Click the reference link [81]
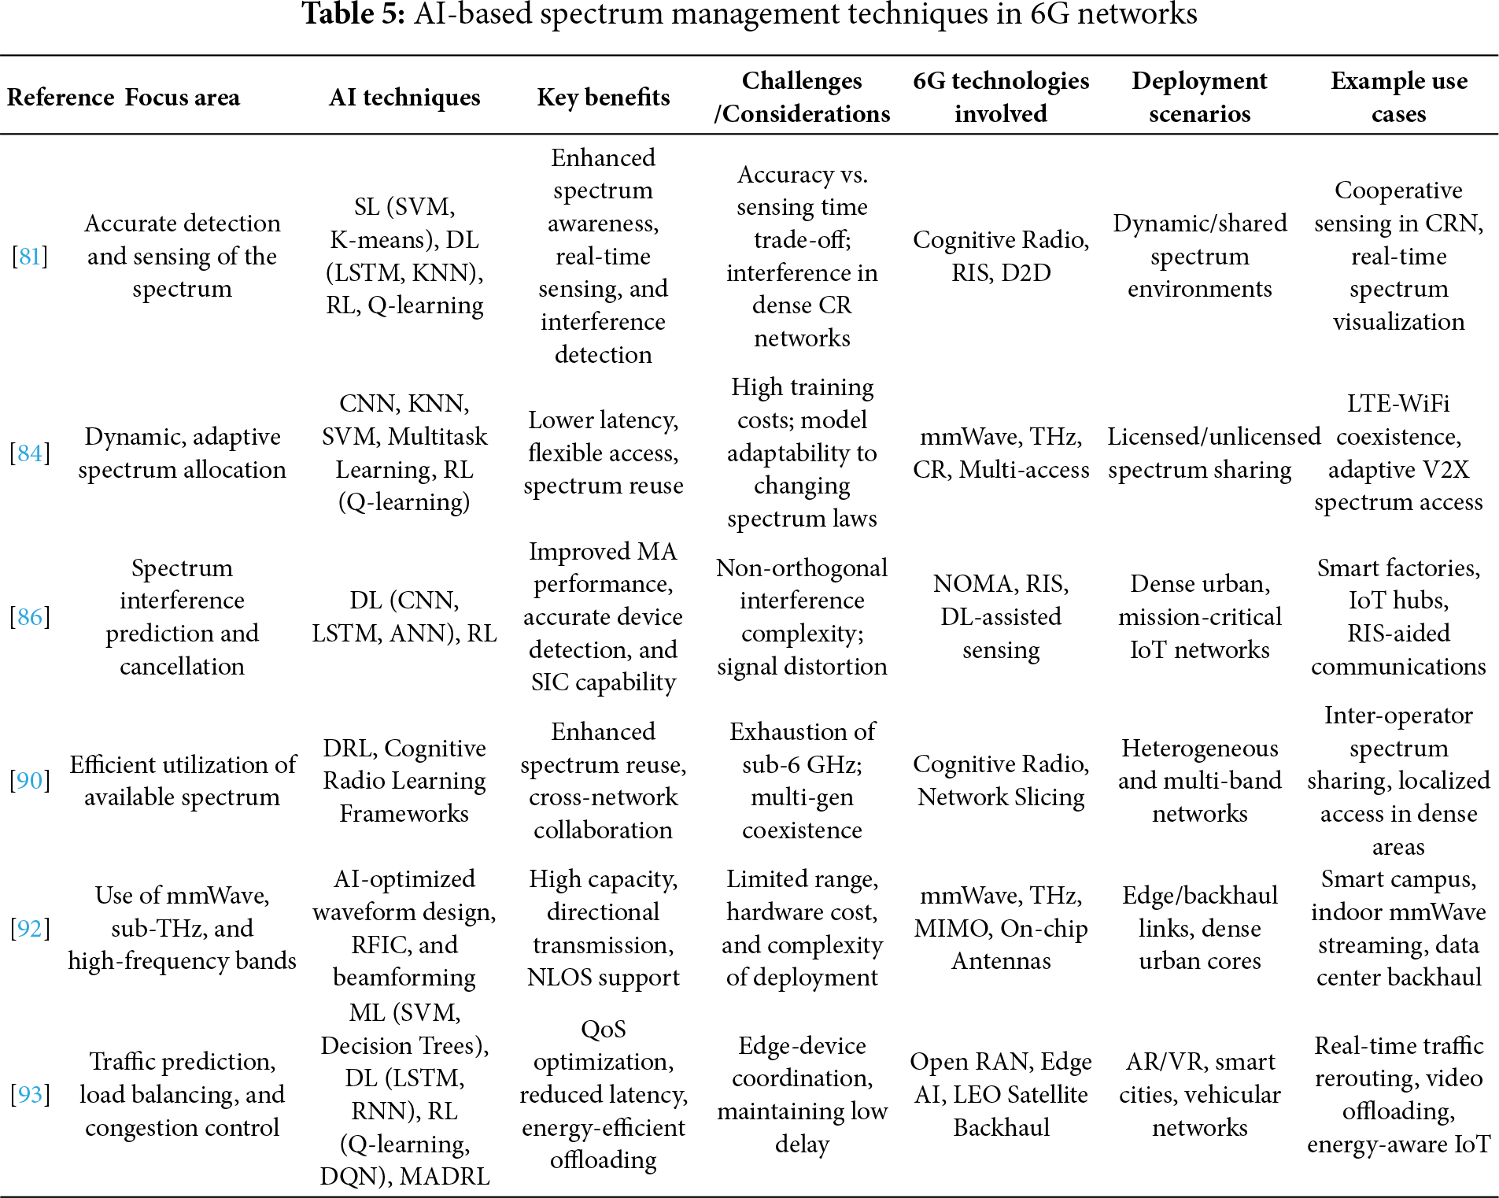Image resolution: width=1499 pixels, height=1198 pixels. tap(30, 256)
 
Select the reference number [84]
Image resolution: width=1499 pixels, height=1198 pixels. tap(30, 453)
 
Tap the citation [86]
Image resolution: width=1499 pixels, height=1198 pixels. tap(30, 616)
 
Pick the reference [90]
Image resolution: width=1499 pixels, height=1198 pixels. tap(30, 780)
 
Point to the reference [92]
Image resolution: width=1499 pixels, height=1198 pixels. tap(30, 928)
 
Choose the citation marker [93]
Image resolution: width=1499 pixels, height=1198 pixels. tap(30, 1094)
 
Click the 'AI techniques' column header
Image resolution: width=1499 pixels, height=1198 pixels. tap(404, 97)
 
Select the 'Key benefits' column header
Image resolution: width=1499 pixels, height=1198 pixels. tap(604, 97)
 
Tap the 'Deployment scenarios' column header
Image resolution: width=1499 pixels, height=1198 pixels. tap(1199, 97)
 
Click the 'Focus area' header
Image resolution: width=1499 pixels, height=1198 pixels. tap(183, 97)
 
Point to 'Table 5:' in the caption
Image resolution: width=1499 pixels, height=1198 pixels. tap(353, 14)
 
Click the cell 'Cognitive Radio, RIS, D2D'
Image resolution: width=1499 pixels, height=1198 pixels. tap(1001, 256)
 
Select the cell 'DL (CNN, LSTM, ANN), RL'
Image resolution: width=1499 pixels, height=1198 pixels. tap(404, 616)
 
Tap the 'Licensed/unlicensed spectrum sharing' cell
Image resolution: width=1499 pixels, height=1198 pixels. tap(1199, 453)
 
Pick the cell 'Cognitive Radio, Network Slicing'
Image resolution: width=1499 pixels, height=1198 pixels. tap(1001, 780)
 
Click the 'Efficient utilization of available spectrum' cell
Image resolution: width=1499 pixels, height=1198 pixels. tap(183, 780)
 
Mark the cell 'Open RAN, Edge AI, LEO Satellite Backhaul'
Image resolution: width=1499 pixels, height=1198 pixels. tap(1001, 1094)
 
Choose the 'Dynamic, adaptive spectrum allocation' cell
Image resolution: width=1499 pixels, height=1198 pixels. tap(183, 453)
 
